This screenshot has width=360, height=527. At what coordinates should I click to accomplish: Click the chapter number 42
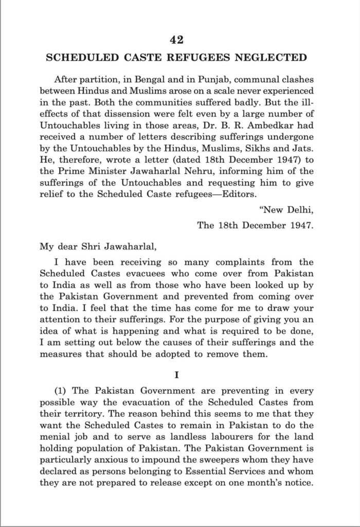[179, 40]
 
